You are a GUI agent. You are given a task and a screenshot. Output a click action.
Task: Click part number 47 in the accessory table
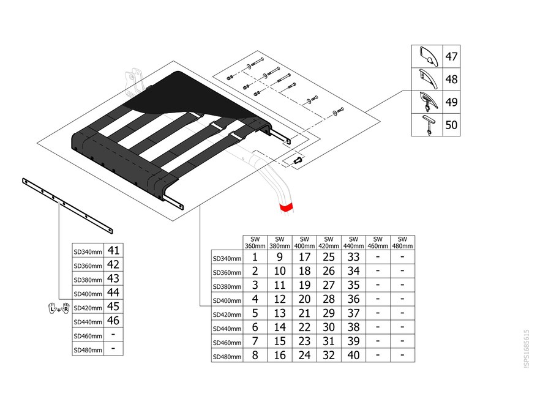click(x=452, y=56)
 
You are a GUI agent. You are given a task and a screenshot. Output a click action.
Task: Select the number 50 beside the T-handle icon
click(x=452, y=125)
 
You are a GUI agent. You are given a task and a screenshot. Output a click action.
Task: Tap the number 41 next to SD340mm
click(x=113, y=250)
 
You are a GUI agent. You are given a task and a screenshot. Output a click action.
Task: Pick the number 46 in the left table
click(x=113, y=320)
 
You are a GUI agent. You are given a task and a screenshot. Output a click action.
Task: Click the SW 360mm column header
click(x=255, y=243)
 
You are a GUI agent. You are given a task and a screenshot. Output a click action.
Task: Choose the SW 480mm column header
click(x=402, y=243)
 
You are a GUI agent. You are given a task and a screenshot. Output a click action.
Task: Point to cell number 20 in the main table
click(x=304, y=299)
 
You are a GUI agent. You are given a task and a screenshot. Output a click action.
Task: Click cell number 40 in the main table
click(x=353, y=355)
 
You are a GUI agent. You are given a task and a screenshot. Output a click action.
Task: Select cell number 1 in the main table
click(x=255, y=257)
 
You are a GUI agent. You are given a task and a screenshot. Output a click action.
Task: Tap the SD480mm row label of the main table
click(x=227, y=357)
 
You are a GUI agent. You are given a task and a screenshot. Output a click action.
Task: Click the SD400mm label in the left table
click(x=88, y=294)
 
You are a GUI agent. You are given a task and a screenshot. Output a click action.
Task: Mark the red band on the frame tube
click(x=285, y=207)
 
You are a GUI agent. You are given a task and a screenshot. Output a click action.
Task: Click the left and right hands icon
click(x=59, y=308)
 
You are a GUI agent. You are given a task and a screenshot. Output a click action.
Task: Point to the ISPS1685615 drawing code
click(x=527, y=348)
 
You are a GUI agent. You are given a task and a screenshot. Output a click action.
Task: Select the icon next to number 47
click(x=429, y=56)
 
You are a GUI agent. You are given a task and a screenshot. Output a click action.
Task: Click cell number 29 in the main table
click(x=329, y=313)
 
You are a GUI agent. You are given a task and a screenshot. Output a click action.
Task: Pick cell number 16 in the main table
click(x=280, y=355)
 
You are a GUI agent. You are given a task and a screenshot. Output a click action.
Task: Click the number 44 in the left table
click(x=113, y=292)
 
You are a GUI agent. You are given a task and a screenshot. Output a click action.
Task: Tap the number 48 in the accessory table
click(x=452, y=80)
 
